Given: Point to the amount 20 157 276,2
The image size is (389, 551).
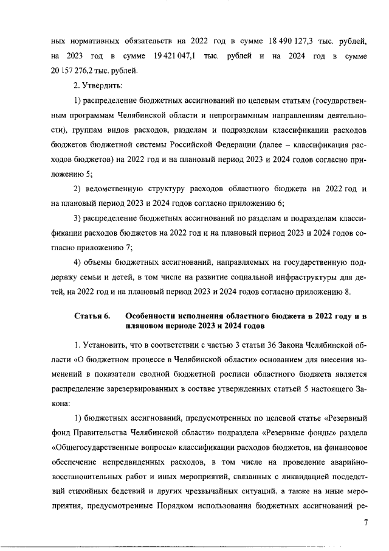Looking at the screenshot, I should coord(76,71).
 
